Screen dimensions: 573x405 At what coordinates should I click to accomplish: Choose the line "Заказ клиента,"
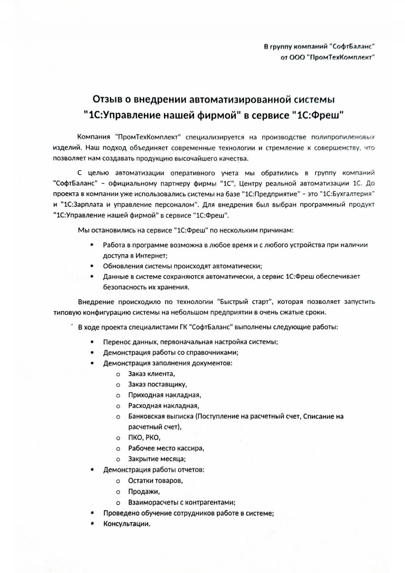click(x=151, y=374)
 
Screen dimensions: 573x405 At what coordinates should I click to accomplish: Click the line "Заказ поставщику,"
click(x=157, y=384)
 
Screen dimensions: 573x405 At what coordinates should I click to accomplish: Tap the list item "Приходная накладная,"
click(x=165, y=395)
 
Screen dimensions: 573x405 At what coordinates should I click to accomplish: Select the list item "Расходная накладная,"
click(x=163, y=406)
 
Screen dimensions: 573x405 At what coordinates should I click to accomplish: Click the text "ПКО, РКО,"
click(x=144, y=438)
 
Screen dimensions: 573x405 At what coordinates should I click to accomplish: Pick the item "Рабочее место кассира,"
click(x=166, y=448)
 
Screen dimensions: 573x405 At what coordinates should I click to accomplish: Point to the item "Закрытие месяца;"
click(x=157, y=459)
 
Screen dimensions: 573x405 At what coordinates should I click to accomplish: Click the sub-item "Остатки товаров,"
click(x=155, y=481)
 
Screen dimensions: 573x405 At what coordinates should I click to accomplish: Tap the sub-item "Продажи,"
click(x=144, y=492)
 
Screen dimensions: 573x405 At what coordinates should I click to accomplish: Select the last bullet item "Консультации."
click(x=127, y=524)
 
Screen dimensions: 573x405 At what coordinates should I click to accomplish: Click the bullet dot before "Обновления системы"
click(x=92, y=266)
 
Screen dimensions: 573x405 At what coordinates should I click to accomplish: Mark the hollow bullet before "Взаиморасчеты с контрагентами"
click(x=118, y=503)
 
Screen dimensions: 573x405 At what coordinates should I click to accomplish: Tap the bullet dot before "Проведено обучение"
click(x=92, y=513)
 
